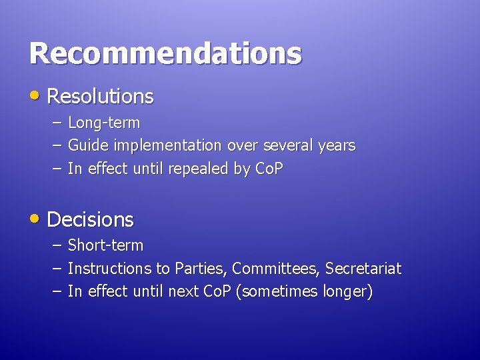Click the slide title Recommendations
coord(165,53)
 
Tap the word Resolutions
coord(100,97)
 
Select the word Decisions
coord(90,219)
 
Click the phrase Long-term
coord(104,123)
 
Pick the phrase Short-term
coord(105,245)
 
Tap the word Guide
coord(89,145)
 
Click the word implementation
coord(168,145)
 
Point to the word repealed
coord(198,169)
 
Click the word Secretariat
coord(363,269)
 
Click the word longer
coord(346,292)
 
